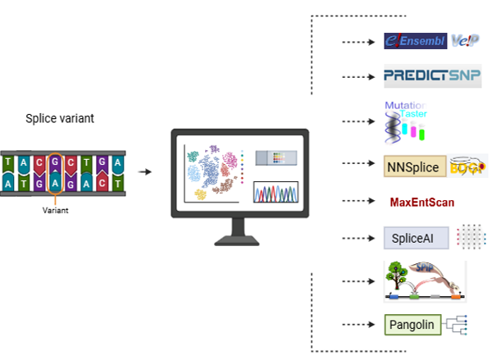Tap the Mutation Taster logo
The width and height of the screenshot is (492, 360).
click(408, 121)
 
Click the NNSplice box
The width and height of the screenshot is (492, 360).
click(415, 167)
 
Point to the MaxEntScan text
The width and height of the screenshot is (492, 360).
click(421, 202)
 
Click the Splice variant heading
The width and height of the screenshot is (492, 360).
click(60, 119)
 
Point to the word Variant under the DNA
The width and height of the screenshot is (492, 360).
click(56, 210)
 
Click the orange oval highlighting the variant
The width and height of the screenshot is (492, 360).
click(56, 173)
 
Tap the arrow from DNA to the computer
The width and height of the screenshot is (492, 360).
click(145, 172)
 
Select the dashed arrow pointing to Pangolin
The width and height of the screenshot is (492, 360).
click(358, 323)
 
